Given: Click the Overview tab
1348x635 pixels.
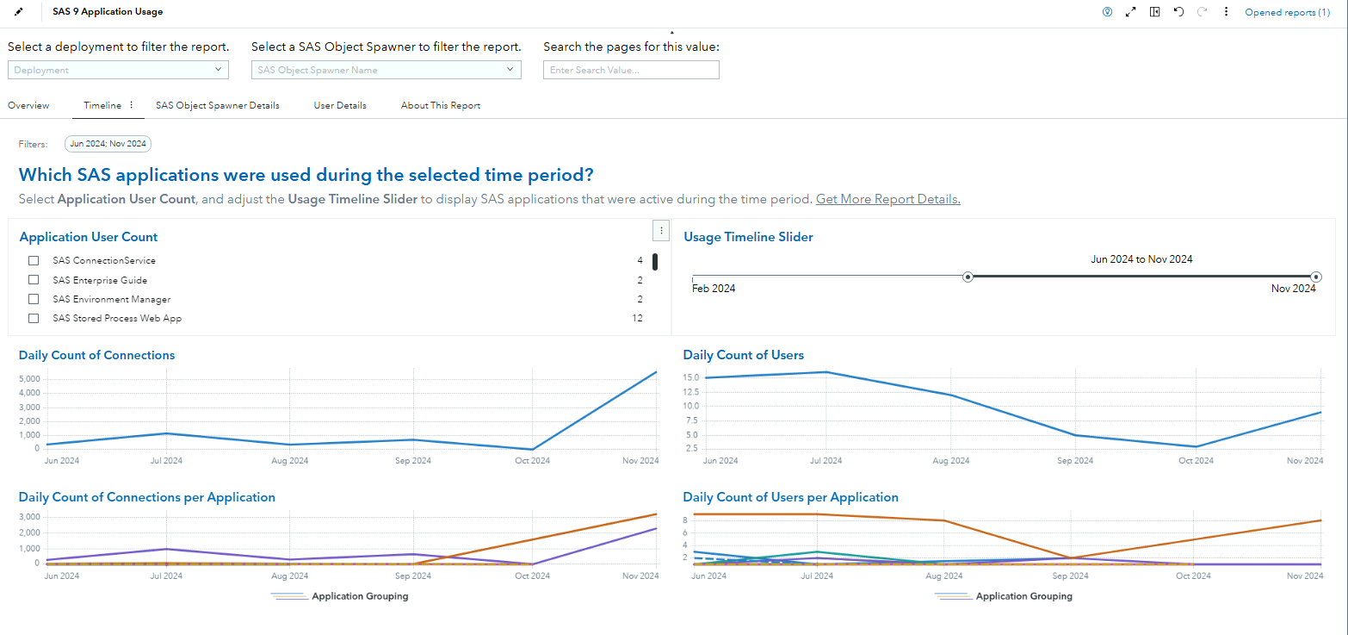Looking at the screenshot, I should click(x=28, y=105).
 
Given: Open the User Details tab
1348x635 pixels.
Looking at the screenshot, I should click(x=340, y=105).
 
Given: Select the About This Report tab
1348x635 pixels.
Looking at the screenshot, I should click(x=440, y=105).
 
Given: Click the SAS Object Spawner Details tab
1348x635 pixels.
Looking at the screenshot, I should click(x=217, y=105).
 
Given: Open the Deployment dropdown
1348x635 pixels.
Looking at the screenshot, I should click(x=120, y=70).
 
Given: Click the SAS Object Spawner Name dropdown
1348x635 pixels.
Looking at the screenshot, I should click(x=386, y=70).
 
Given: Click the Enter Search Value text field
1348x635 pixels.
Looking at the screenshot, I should click(x=630, y=70).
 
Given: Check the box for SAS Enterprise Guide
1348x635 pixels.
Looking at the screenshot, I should click(x=34, y=280).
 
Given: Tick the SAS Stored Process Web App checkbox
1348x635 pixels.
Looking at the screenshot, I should click(x=34, y=318).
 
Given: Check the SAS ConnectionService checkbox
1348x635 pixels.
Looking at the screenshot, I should click(x=34, y=260).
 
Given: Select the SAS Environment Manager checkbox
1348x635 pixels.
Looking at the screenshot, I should click(x=34, y=299).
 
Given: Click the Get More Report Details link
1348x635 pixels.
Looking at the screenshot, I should click(x=887, y=199).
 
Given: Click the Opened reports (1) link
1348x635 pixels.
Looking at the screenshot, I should click(x=1287, y=12).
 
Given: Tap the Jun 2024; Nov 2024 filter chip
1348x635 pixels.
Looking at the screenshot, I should click(x=108, y=144).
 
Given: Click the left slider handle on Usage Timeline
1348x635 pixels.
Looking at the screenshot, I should click(x=968, y=277).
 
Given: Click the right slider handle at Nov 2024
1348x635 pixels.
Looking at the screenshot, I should click(x=1316, y=277).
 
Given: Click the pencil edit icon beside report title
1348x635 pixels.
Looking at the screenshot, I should click(x=19, y=12).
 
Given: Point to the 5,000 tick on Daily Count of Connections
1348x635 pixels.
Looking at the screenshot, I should click(x=28, y=379).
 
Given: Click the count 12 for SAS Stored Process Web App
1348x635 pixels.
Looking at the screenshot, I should click(x=637, y=318).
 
